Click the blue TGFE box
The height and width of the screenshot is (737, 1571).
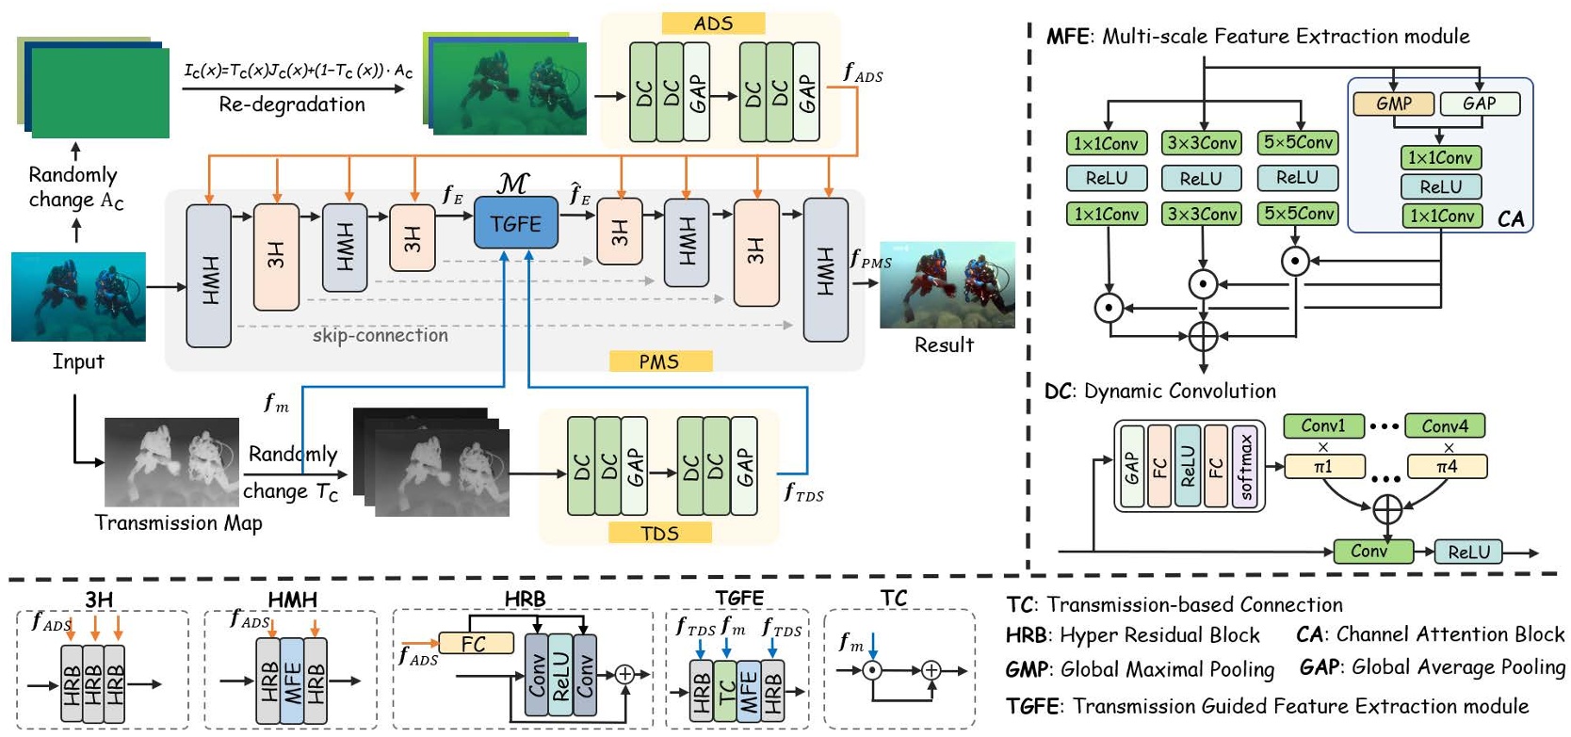515,224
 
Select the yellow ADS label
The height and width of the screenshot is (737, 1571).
713,24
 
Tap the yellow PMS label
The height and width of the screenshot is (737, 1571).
659,361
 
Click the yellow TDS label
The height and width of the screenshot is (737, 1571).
659,534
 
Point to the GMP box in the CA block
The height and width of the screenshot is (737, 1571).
1393,104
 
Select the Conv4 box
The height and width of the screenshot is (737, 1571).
1445,426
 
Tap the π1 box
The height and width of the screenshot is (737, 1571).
1323,467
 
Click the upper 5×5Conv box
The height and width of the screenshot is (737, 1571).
1298,142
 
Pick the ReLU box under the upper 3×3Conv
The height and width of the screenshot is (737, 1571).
1201,178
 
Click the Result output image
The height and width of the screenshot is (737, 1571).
947,284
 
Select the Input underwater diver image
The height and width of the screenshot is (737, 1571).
78,296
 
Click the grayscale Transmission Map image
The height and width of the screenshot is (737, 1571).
171,462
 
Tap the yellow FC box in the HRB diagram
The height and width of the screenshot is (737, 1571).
474,644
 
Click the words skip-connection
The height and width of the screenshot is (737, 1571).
381,335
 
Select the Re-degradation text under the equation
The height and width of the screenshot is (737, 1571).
292,104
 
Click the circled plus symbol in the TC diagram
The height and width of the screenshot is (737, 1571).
931,670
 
